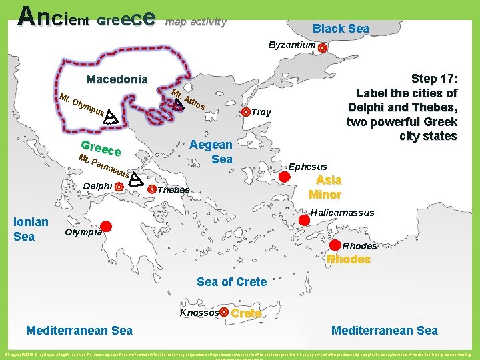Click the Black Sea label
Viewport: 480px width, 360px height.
341,28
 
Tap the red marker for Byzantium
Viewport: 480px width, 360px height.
323,48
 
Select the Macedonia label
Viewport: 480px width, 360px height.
117,80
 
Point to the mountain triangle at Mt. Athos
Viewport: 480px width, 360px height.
178,103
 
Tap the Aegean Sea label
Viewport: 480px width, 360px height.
211,152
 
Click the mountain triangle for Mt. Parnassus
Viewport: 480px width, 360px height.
135,179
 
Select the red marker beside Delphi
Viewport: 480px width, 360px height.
118,187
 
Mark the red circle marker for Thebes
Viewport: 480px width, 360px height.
152,189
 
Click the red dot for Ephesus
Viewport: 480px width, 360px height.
284,177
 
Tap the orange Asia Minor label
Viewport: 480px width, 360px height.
328,187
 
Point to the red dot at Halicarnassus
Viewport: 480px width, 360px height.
303,219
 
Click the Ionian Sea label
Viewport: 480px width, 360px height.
31,229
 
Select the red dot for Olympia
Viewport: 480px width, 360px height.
106,227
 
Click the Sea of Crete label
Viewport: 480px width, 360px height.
231,282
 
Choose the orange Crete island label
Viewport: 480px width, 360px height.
246,313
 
